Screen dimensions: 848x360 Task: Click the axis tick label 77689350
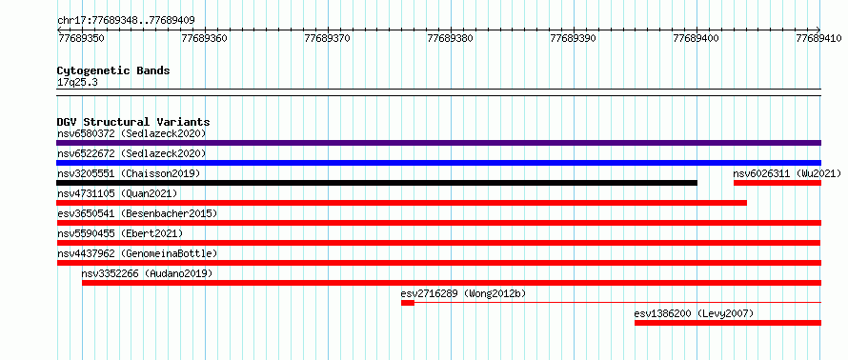[81, 39]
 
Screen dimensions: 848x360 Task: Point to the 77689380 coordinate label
[450, 39]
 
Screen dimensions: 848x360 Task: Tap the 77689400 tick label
[697, 39]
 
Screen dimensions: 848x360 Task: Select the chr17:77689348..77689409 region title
[126, 21]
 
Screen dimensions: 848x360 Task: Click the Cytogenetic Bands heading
[113, 70]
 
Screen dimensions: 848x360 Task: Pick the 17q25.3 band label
[77, 83]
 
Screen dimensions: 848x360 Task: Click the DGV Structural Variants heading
[133, 122]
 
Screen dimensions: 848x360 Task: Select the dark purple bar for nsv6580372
[438, 143]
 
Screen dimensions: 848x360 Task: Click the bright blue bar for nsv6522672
[438, 163]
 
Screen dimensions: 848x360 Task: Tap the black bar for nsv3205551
[377, 183]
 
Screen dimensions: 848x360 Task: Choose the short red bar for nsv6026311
[777, 183]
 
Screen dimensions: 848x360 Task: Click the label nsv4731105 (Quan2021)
[117, 193]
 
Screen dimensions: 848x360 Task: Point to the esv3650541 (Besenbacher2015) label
[137, 213]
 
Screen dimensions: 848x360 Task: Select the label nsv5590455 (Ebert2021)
[120, 233]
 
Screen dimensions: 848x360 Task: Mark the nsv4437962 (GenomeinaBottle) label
[137, 253]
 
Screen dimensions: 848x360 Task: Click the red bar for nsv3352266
[452, 283]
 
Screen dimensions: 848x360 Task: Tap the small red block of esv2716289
[408, 303]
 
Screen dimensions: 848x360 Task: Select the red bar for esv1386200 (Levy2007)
[728, 323]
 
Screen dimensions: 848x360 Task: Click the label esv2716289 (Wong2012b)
[463, 293]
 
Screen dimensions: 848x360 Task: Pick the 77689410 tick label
[818, 39]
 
